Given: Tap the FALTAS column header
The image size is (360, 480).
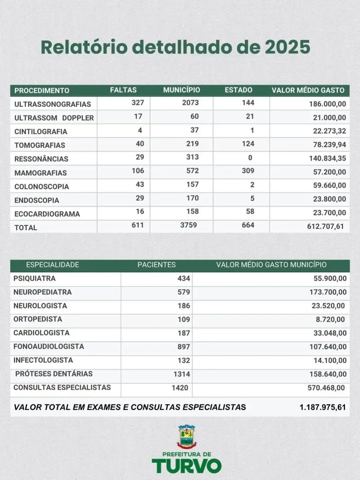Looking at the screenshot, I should click(x=123, y=90).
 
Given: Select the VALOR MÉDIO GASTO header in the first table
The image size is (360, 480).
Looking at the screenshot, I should click(x=308, y=90).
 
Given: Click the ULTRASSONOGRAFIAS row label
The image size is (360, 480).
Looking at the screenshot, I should click(x=52, y=104).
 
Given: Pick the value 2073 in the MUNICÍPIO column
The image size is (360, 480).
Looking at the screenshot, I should click(x=190, y=103).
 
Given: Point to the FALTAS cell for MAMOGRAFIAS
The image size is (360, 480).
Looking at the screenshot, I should click(x=138, y=171).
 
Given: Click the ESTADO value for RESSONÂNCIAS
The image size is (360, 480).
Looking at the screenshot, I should click(x=250, y=157).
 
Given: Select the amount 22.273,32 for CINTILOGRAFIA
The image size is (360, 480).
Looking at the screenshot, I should click(x=329, y=131).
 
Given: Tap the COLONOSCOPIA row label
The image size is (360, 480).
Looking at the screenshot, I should click(x=41, y=187).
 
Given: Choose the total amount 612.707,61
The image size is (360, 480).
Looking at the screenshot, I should click(x=325, y=226).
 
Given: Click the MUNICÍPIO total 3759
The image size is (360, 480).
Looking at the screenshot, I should click(x=189, y=225).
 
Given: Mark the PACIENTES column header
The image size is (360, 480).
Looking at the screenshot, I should click(x=156, y=265).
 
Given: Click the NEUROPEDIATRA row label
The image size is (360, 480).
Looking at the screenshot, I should click(x=42, y=292).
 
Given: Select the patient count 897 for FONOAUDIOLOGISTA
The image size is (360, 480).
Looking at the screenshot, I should click(x=184, y=347).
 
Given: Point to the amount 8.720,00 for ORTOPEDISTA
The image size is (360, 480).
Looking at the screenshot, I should click(x=330, y=319).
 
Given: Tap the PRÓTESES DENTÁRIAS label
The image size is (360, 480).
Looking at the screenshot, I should click(x=54, y=374).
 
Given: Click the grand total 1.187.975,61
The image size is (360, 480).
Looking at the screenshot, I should click(x=322, y=407).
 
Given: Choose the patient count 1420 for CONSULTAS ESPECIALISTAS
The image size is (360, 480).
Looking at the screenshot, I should click(x=180, y=388).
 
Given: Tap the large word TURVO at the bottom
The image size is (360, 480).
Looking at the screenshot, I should click(x=187, y=466).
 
